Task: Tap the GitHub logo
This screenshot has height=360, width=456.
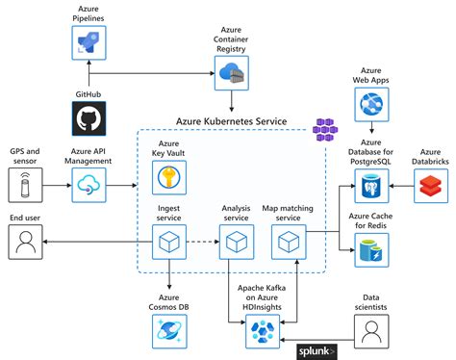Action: [89, 118]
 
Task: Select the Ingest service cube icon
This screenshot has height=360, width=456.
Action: [170, 244]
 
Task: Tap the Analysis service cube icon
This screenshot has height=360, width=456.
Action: [232, 244]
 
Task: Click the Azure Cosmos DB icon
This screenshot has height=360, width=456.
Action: [170, 330]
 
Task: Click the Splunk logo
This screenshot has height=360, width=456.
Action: [316, 351]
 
